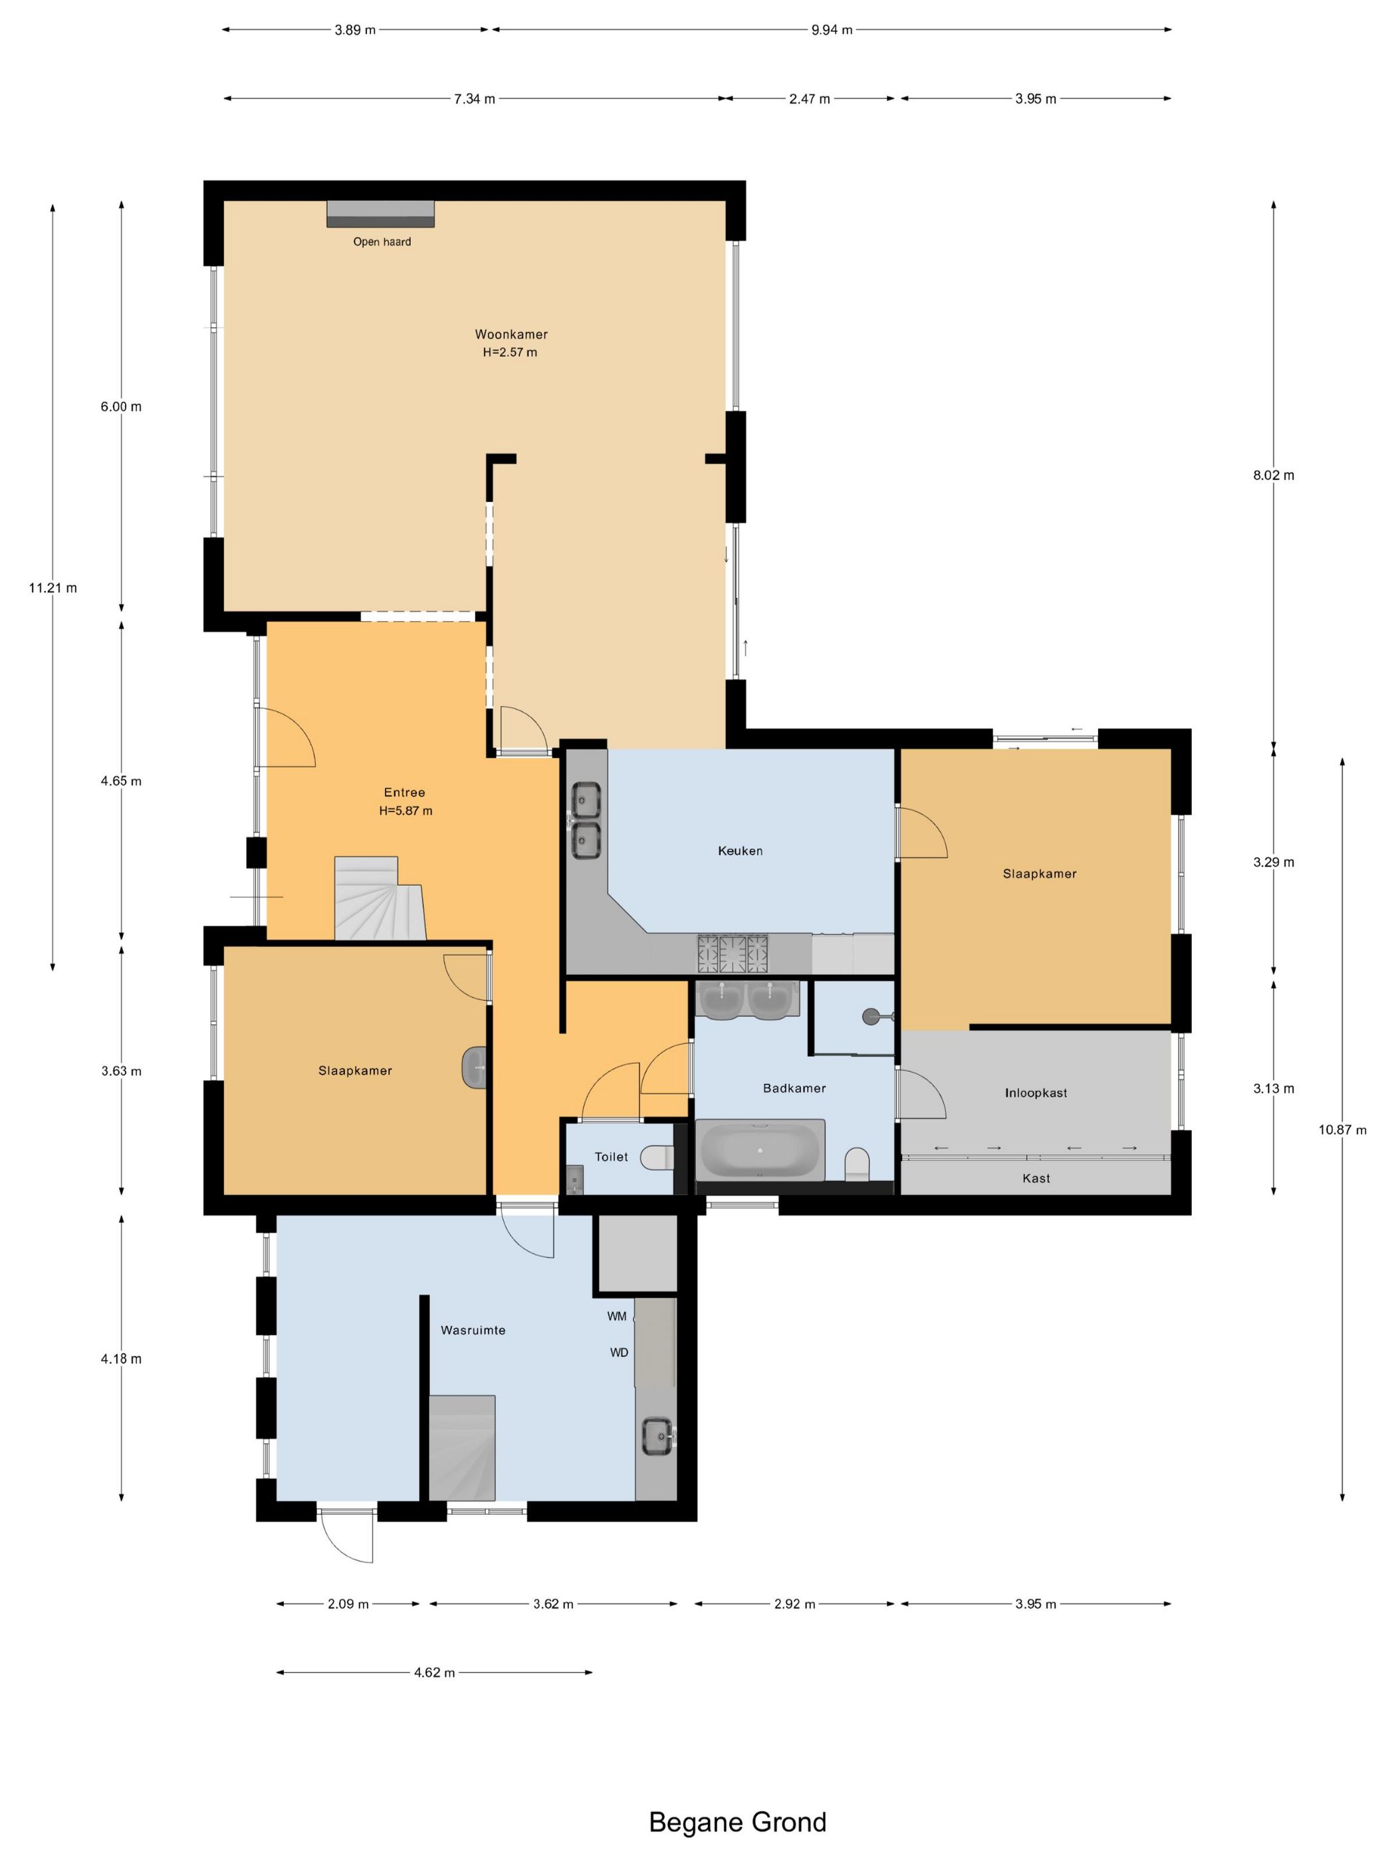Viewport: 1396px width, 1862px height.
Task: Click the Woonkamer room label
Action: (511, 334)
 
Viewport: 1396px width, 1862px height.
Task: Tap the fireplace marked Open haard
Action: (380, 214)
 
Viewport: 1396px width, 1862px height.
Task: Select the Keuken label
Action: (740, 851)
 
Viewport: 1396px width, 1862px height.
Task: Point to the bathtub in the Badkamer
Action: (760, 1150)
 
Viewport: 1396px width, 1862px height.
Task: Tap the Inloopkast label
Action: (1035, 1093)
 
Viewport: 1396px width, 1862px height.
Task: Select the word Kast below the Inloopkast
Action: (1036, 1178)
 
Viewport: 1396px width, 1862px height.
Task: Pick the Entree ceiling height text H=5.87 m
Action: (406, 811)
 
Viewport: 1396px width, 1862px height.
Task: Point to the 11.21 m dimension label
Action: (53, 588)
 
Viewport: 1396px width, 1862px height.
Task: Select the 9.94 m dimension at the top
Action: (832, 31)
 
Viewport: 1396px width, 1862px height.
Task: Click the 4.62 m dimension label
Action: (434, 1672)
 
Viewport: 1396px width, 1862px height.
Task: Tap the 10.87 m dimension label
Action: (1342, 1130)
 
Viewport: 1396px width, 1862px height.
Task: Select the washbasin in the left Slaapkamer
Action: (475, 1067)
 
